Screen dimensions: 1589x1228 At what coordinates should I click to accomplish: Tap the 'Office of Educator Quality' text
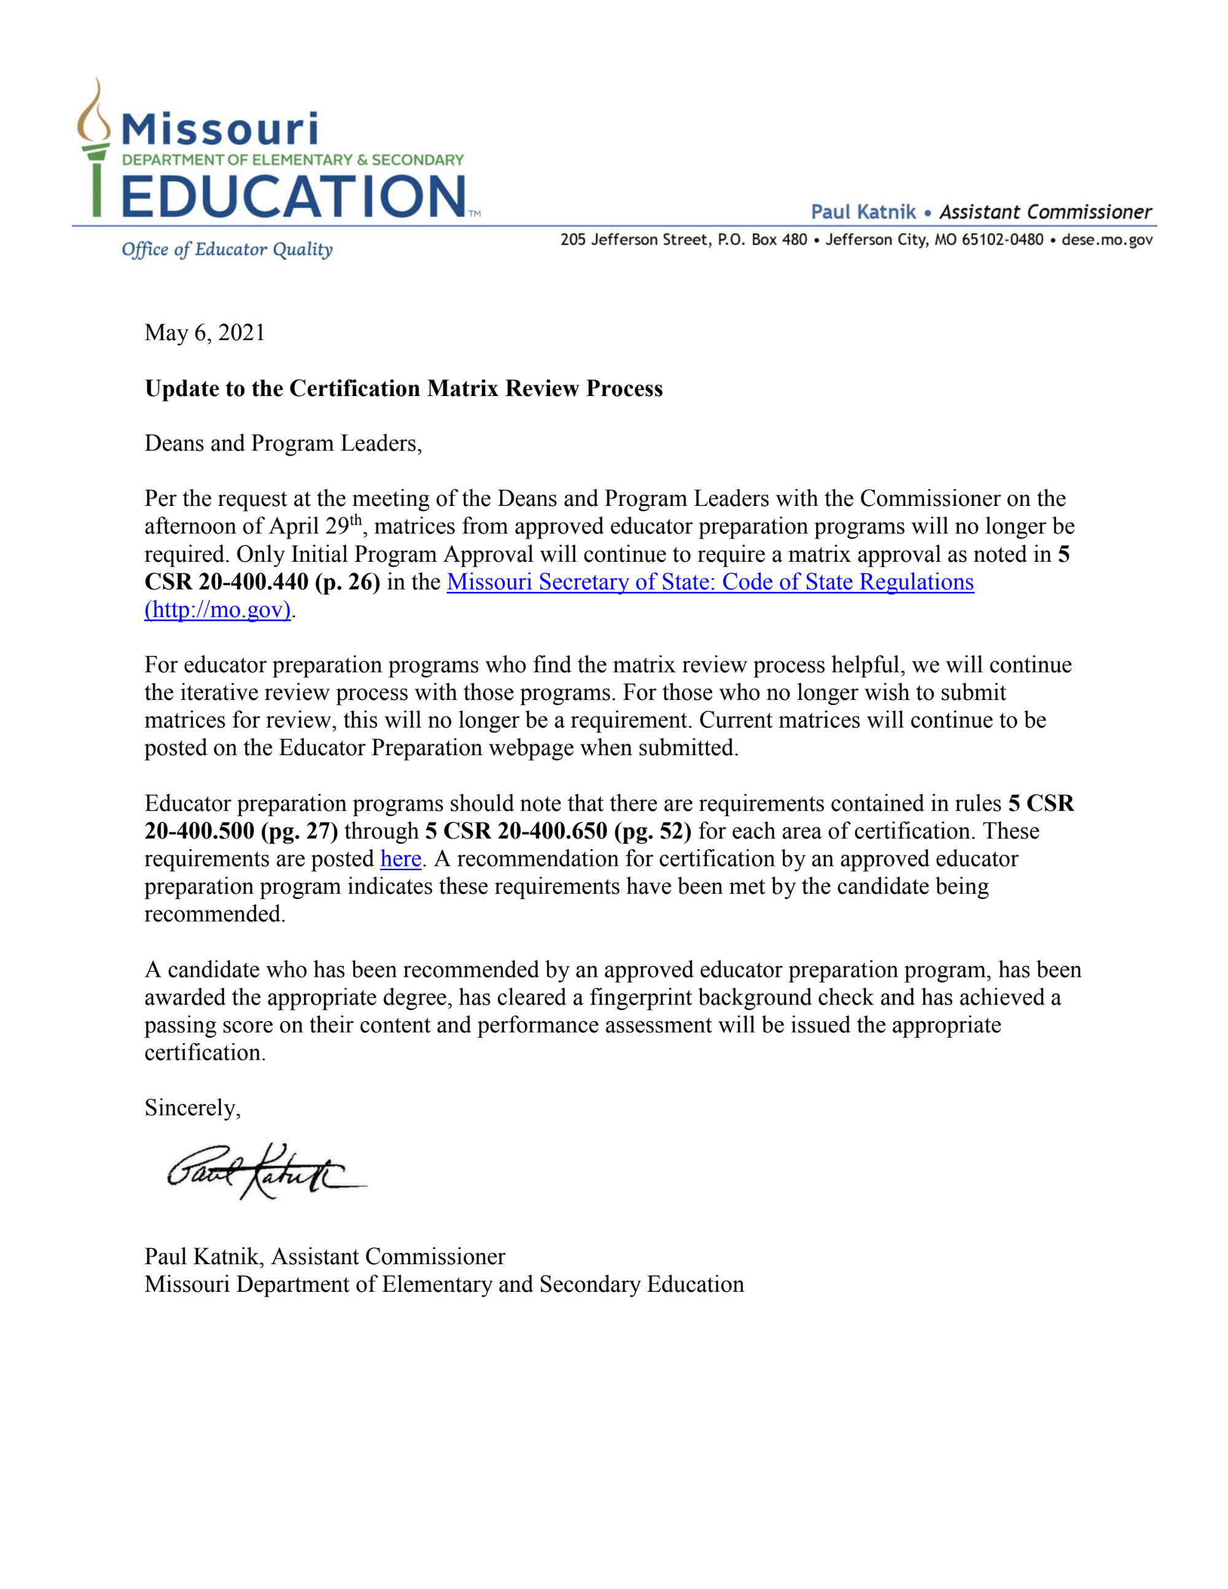point(227,249)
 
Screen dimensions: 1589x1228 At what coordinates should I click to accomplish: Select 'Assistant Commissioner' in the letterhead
point(1046,212)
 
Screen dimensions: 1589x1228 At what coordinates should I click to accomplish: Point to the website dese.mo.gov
point(1107,240)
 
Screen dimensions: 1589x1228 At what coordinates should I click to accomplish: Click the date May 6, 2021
point(204,333)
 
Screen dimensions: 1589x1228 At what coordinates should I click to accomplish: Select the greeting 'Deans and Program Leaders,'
point(283,444)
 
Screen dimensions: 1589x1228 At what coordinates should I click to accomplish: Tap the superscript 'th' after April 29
point(356,519)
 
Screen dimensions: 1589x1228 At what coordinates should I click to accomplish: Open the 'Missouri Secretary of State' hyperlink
point(709,582)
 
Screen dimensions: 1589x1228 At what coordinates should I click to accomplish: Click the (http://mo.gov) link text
point(217,610)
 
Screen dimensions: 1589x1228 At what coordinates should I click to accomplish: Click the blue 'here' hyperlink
point(401,859)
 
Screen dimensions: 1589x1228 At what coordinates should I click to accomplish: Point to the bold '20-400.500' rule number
point(200,831)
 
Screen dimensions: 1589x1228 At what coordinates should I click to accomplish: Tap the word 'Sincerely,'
point(192,1108)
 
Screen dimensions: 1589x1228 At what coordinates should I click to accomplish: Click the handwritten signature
point(262,1171)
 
